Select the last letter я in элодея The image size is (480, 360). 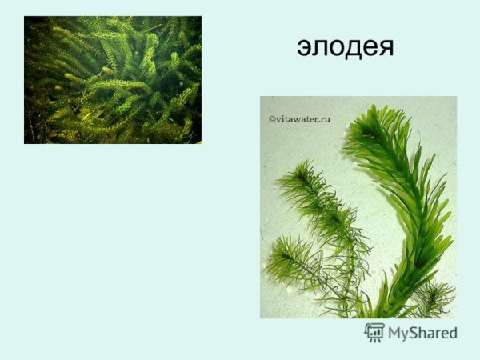point(386,48)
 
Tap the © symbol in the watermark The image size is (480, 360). point(272,118)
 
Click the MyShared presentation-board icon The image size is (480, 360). point(374,332)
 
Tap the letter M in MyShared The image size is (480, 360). point(396,333)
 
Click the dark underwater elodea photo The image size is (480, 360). point(112,79)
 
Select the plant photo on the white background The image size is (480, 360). point(358,206)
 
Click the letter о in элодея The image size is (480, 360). point(336,48)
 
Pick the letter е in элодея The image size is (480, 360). point(369,48)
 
